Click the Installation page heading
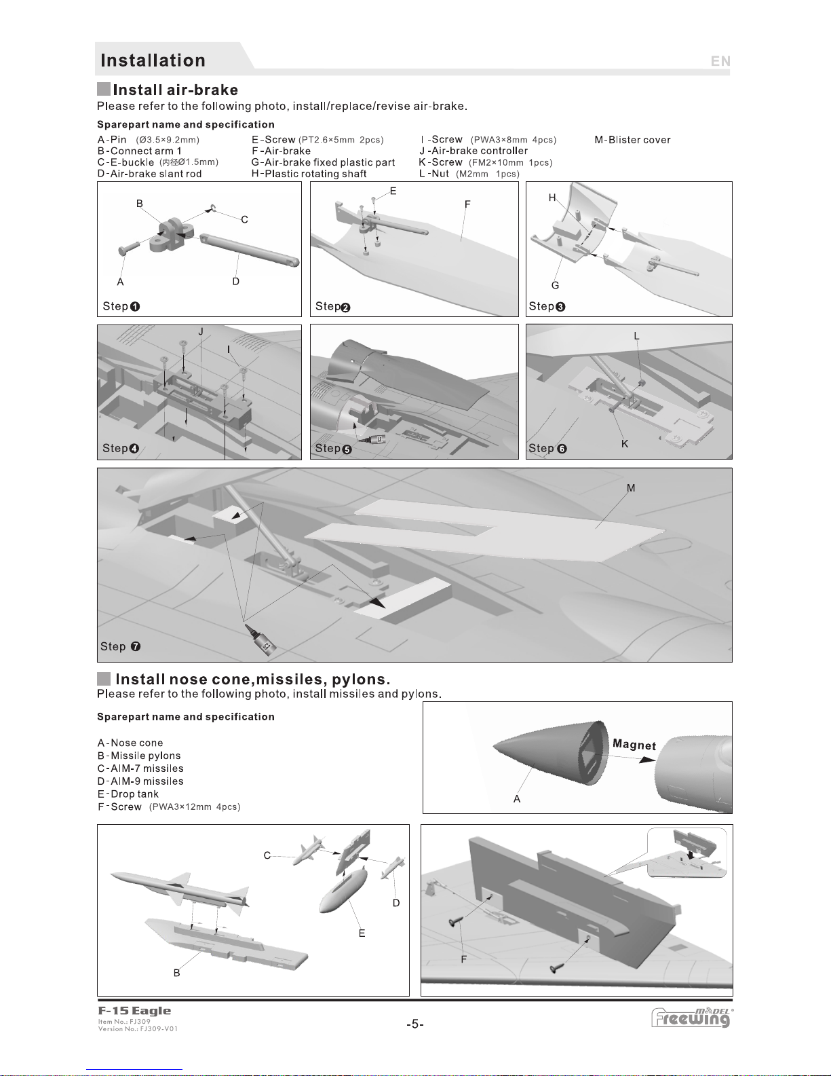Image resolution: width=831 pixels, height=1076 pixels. pos(153,60)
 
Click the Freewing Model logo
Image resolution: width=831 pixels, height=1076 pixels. pos(692,1018)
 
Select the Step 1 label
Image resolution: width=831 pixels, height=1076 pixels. pos(121,306)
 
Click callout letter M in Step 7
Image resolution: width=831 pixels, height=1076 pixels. pos(631,488)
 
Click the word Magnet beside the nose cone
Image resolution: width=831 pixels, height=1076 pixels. pos(634,744)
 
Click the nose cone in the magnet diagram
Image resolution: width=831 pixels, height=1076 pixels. pos(543,750)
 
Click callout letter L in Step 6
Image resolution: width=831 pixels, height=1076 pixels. pos(636,336)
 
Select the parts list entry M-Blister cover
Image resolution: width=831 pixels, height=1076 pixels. pos(632,140)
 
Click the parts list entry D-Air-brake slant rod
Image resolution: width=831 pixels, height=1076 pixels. pos(149,174)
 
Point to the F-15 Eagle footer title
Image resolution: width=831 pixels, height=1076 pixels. pos(134,1011)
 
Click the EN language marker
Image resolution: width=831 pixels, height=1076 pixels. pos(720,61)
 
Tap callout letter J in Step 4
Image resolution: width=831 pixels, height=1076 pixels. pos(201,331)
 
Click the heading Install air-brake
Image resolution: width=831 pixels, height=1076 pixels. pos(175,90)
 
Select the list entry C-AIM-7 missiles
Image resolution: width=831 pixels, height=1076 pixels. pos(140,768)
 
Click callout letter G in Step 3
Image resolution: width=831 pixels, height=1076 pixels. pos(555,286)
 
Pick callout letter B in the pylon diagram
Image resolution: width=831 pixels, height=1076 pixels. pos(177,973)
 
